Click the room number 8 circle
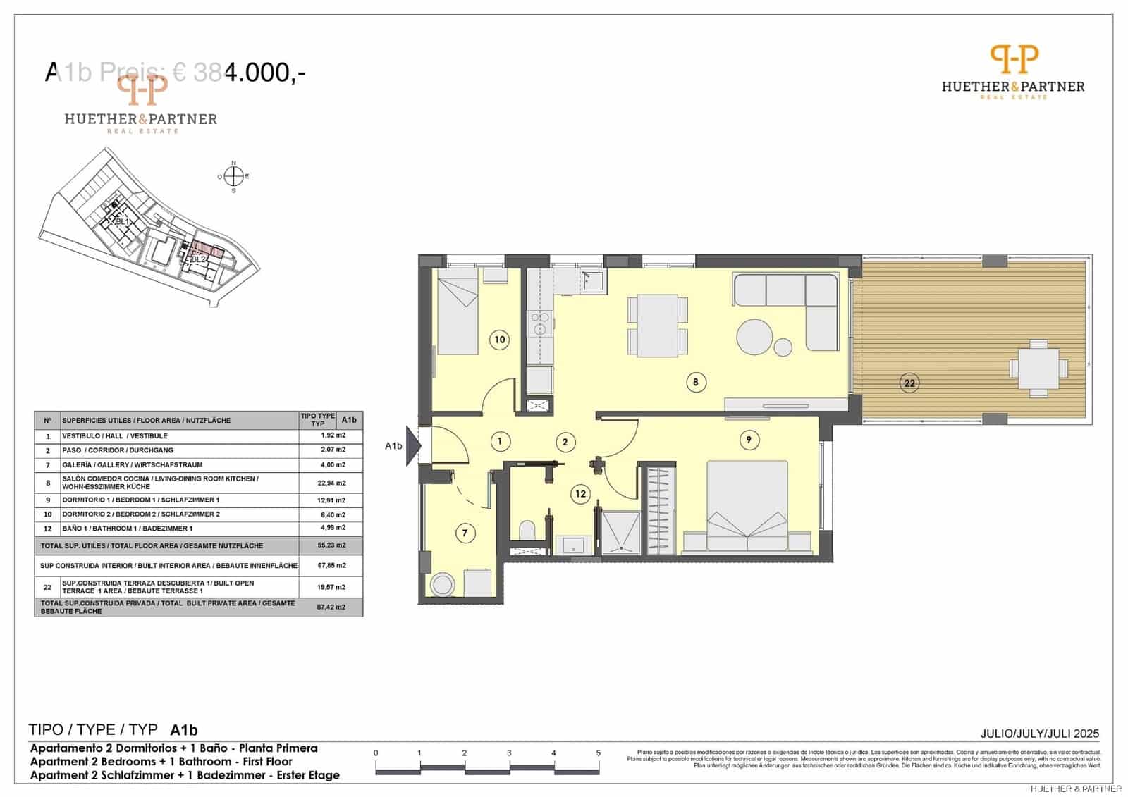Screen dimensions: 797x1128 pyautogui.click(x=695, y=383)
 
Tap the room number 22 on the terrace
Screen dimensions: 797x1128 pyautogui.click(x=909, y=383)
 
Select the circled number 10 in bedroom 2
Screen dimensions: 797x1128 pyautogui.click(x=499, y=340)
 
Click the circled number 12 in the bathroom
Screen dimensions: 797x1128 pyautogui.click(x=580, y=494)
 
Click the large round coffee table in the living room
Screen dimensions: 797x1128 pyautogui.click(x=755, y=338)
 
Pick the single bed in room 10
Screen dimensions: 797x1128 pyautogui.click(x=458, y=316)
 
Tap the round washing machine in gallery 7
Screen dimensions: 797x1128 pyautogui.click(x=443, y=584)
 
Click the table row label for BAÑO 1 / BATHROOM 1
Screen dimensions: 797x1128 pyautogui.click(x=127, y=529)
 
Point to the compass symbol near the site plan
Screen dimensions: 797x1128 pyautogui.click(x=234, y=176)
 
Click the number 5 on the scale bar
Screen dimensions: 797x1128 pyautogui.click(x=598, y=753)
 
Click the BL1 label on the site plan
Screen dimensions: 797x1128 pyautogui.click(x=123, y=221)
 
